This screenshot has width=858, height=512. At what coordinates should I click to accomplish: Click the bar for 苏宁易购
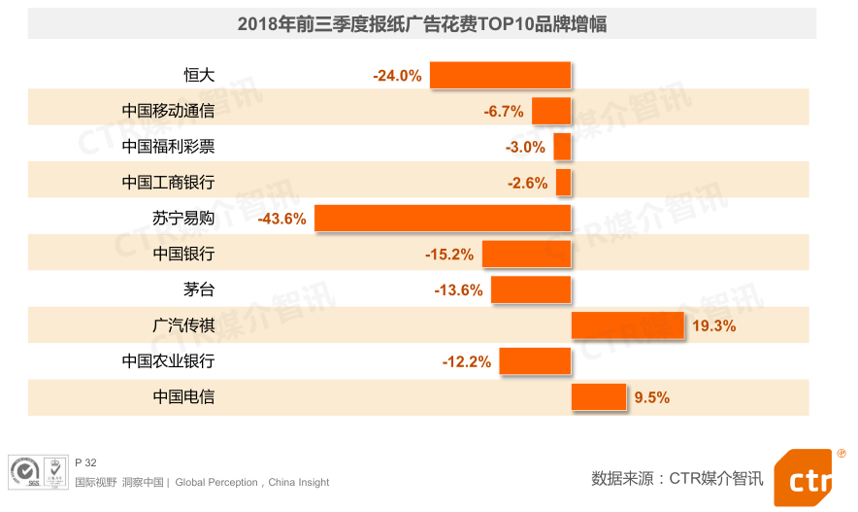pos(443,219)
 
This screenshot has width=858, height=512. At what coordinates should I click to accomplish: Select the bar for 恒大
pos(500,75)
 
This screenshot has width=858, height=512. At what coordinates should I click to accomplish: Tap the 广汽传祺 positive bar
pos(627,325)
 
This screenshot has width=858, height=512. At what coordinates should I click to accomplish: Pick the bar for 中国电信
pos(598,396)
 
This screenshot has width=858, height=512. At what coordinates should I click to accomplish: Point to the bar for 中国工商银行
pos(563,183)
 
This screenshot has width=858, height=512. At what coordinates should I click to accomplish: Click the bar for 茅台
pos(530,290)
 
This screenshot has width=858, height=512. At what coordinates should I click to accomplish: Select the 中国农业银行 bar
pos(535,361)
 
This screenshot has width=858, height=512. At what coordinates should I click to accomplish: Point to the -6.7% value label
pos(504,112)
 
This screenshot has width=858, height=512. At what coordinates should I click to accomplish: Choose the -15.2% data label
pos(449,255)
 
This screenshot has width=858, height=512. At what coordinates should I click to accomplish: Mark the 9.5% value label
pos(652,397)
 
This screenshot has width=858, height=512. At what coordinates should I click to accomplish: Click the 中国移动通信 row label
pos(168,111)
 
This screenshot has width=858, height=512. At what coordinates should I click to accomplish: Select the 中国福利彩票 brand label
pos(168,147)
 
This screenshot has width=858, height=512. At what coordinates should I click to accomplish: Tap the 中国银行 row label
pos(183,255)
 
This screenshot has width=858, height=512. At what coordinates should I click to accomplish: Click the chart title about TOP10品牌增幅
pos(422,24)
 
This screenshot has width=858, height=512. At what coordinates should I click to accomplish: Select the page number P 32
pos(85,462)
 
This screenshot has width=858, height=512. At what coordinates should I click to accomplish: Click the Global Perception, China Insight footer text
pos(252,482)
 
